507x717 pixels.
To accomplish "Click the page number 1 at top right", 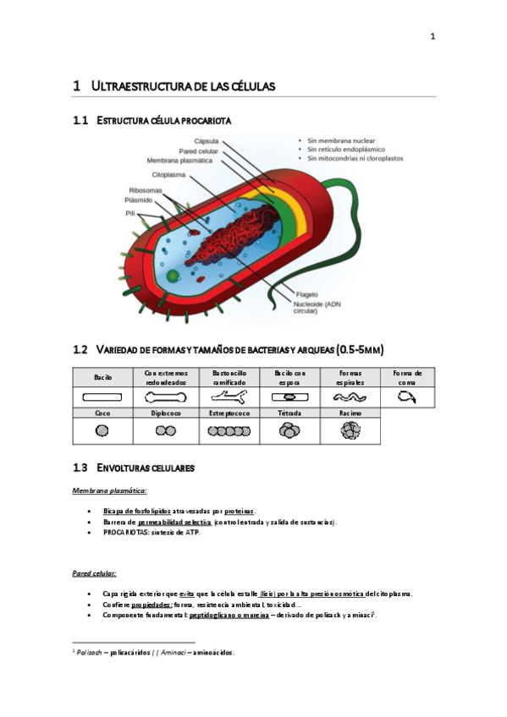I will pos(432,36).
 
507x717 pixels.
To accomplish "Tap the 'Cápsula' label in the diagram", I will pos(207,140).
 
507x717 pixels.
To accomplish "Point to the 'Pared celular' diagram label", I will pos(199,151).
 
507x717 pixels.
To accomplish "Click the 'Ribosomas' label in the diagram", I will pos(146,190).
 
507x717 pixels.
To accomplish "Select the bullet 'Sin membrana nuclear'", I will pos(342,140).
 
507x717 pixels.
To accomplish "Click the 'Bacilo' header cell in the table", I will pos(102,376).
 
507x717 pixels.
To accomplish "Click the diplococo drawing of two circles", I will pos(165,430).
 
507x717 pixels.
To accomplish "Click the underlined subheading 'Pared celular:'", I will pos(94,573).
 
